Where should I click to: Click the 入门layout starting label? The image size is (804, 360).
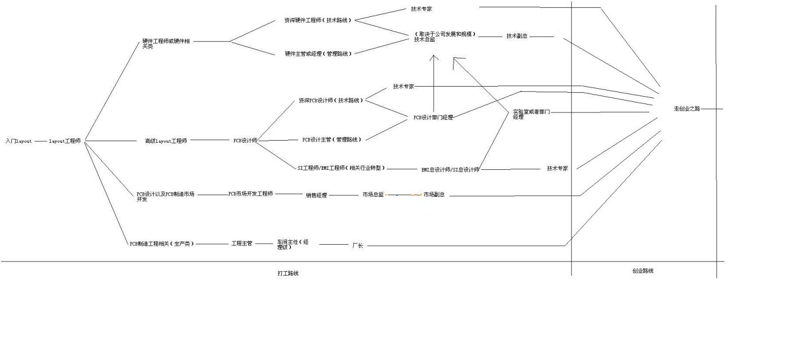click(x=18, y=141)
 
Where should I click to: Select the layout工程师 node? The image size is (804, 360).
click(x=65, y=141)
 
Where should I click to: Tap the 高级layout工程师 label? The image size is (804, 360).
click(x=165, y=141)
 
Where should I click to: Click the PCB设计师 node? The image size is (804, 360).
click(x=245, y=141)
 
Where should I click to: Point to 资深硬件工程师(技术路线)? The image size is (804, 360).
click(x=317, y=20)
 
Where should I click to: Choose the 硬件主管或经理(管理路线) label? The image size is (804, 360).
click(x=318, y=54)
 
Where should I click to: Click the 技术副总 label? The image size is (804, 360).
click(x=516, y=36)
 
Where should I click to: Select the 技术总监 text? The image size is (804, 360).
click(x=424, y=40)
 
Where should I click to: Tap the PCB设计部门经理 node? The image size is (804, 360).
click(x=433, y=118)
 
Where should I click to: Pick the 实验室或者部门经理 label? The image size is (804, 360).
click(x=531, y=115)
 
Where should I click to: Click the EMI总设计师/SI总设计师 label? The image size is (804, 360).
click(x=450, y=169)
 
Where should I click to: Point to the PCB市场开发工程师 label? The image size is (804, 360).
click(x=250, y=193)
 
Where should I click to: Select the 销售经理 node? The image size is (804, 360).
click(x=316, y=195)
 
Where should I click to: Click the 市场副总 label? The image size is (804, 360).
click(x=434, y=195)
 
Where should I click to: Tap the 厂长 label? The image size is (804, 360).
click(x=357, y=246)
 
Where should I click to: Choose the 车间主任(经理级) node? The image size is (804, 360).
click(x=293, y=244)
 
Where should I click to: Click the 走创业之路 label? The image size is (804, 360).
click(x=686, y=109)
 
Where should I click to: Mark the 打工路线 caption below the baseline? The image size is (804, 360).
click(x=288, y=273)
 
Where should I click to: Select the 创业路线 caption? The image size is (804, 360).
click(x=643, y=271)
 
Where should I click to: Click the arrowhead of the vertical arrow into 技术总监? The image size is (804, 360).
click(x=434, y=56)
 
